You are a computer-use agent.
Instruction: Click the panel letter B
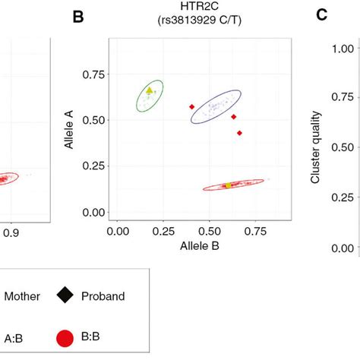click(77, 15)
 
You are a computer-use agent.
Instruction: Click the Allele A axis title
click(69, 129)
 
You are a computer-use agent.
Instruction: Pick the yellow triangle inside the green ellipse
click(150, 90)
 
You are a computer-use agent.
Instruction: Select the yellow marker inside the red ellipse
click(228, 185)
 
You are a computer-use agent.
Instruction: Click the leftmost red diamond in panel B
click(191, 106)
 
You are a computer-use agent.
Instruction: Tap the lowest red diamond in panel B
click(239, 133)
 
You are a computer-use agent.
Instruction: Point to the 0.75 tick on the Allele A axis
click(94, 74)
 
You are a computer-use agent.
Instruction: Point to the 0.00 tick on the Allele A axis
click(94, 212)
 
